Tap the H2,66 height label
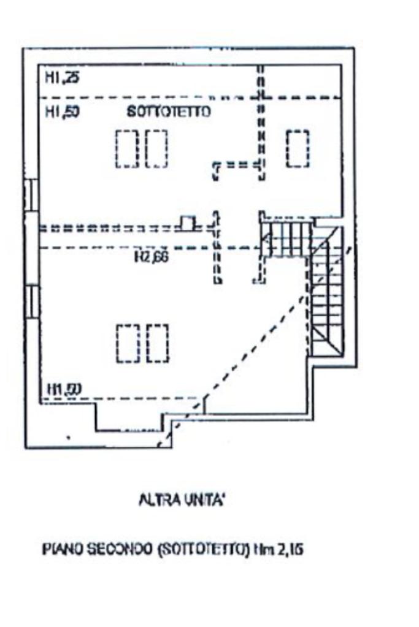(x=151, y=256)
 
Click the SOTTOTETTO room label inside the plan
(x=169, y=112)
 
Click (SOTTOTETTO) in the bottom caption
(x=190, y=550)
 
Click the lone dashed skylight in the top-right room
(x=298, y=148)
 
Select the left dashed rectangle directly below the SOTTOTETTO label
(x=127, y=148)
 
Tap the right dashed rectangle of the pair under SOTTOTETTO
(x=156, y=148)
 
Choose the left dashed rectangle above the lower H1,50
(x=127, y=343)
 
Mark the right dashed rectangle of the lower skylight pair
(x=157, y=343)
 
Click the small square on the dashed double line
(x=188, y=223)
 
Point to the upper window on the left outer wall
(x=30, y=194)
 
